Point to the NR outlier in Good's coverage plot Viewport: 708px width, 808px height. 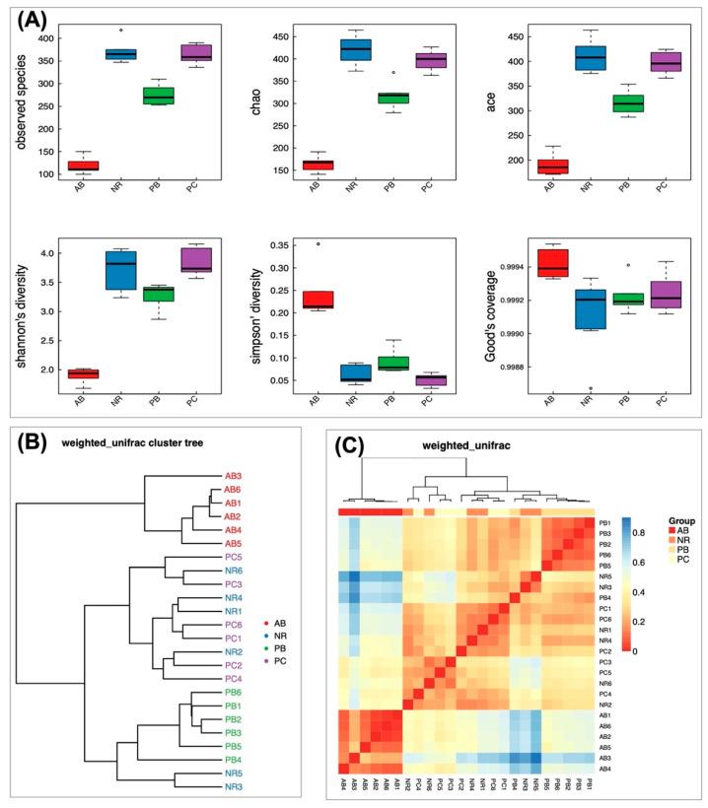[x=589, y=387]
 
